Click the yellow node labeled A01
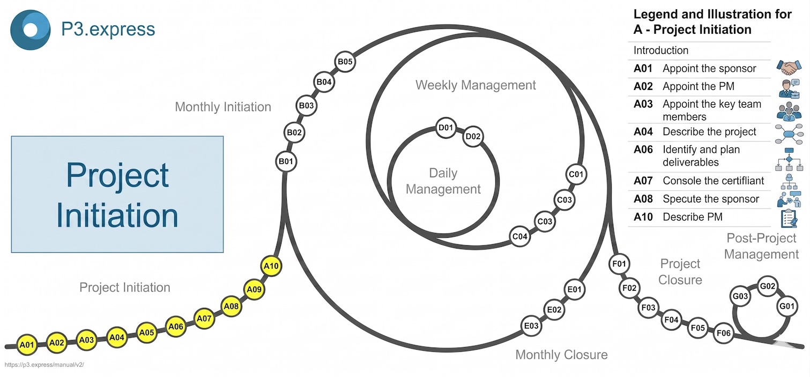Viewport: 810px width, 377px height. pos(27,345)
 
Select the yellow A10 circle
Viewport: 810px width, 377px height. pos(271,266)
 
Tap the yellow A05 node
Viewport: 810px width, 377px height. pos(146,333)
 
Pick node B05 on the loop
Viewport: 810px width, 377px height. pos(345,62)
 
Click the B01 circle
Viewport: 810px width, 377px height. pos(286,161)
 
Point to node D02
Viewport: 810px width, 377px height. pos(473,137)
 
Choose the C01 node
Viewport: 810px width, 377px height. pos(576,174)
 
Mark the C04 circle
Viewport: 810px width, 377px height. pos(520,236)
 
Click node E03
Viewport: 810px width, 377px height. pos(531,326)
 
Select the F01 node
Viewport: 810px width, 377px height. pos(619,264)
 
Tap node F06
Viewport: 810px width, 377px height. pos(724,334)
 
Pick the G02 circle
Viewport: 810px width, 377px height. pos(768,286)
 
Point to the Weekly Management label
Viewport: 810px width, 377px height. pos(475,85)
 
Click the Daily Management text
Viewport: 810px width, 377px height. pos(443,181)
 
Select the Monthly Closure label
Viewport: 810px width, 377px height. pos(561,355)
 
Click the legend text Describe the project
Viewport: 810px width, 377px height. pos(709,132)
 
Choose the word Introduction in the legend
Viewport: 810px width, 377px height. pos(661,50)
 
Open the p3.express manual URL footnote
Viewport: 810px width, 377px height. pos(44,365)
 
